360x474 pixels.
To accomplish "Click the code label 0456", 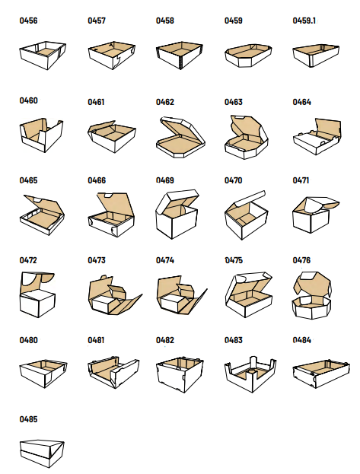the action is pos(28,21).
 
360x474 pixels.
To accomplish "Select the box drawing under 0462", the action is pos(180,137).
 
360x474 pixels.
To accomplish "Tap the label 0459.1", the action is pos(304,21).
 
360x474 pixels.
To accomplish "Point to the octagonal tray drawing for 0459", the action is pos(248,56).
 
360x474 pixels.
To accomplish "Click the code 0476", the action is pos(301,260).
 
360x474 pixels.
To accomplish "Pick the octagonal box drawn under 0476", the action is pos(311,295).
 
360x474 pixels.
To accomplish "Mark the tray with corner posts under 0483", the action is pos(250,374).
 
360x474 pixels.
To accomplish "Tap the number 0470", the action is pos(233,180).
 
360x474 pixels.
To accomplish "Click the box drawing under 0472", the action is pos(37,294).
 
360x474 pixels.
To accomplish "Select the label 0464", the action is pos(302,102).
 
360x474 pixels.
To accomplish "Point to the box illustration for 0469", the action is pos(177,215).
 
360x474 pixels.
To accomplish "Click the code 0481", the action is pos(96,340).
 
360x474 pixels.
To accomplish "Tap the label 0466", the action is pos(97,180).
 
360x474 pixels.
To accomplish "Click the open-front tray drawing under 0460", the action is pos(41,135).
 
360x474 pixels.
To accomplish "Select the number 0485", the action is pos(28,419).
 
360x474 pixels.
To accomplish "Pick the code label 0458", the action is pos(165,21).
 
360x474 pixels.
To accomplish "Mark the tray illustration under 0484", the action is pos(321,374).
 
